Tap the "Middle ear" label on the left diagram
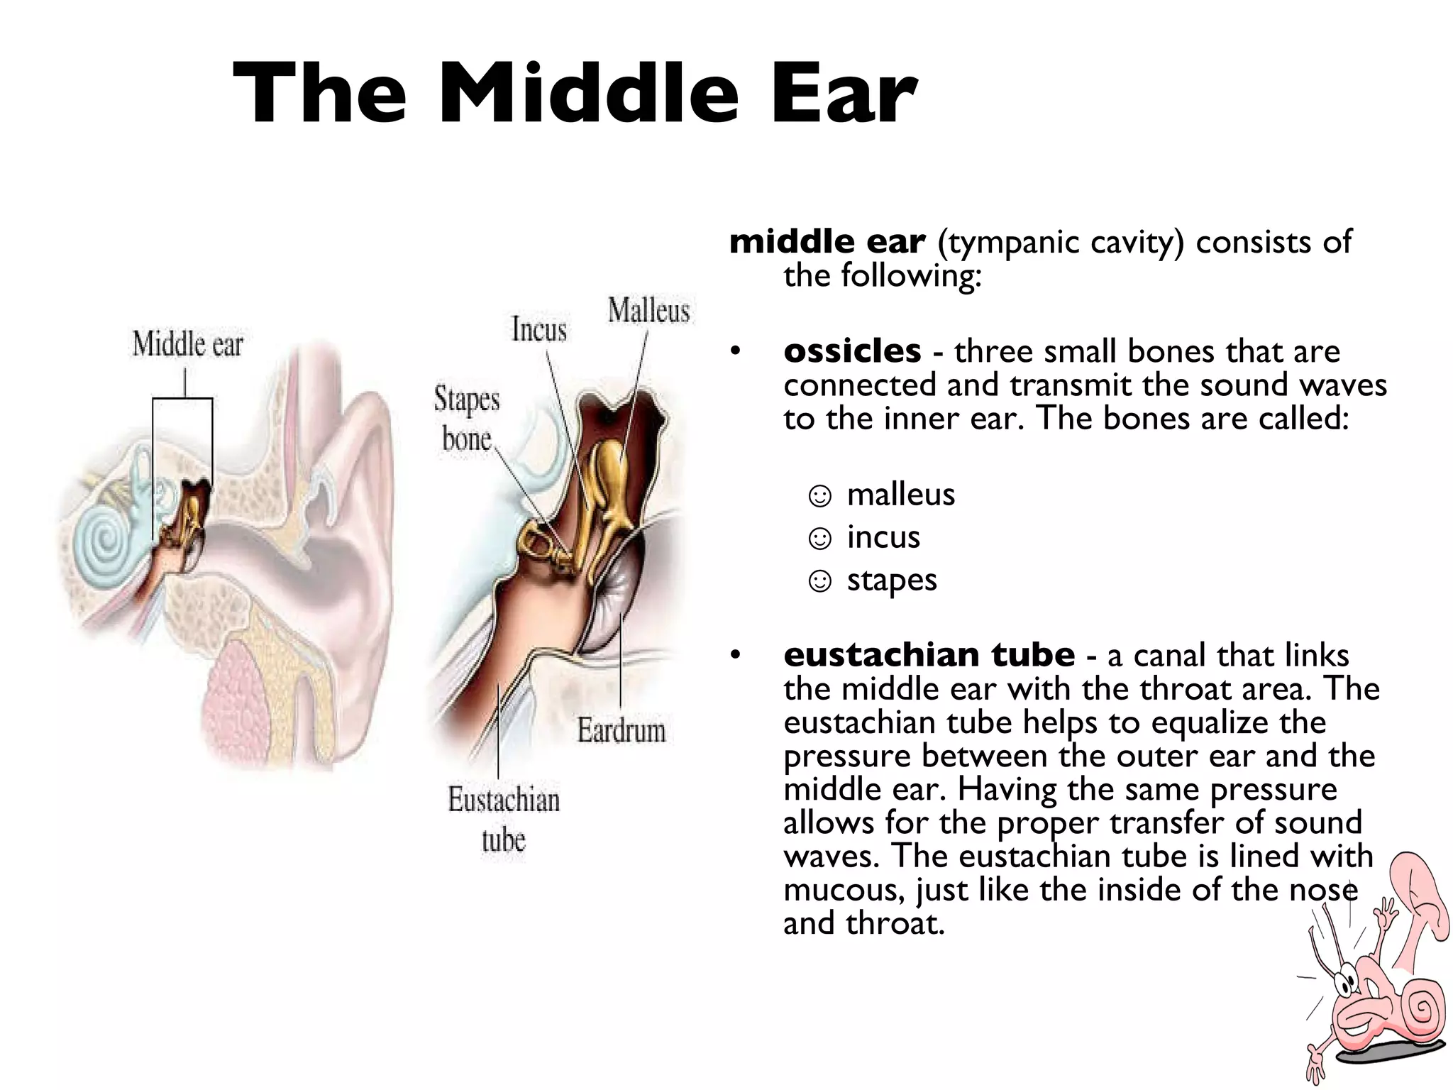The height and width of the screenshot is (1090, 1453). pyautogui.click(x=187, y=346)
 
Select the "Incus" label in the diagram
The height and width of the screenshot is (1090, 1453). pyautogui.click(x=539, y=330)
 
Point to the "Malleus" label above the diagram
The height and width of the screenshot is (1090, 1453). pyautogui.click(x=648, y=312)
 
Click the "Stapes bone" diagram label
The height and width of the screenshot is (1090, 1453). pyautogui.click(x=466, y=419)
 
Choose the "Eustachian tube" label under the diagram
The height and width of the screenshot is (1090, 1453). pyautogui.click(x=504, y=820)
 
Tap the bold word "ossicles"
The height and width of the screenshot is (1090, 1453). pyautogui.click(x=852, y=351)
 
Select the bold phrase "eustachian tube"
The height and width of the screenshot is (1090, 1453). pyautogui.click(x=929, y=655)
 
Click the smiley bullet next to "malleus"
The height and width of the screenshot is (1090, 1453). pyautogui.click(x=819, y=496)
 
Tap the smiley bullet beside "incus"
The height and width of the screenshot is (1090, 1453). pyautogui.click(x=819, y=539)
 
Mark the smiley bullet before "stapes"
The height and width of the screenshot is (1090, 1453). pyautogui.click(x=819, y=582)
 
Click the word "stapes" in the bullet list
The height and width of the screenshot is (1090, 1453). pyautogui.click(x=892, y=580)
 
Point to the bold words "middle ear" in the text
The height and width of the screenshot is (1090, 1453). pyautogui.click(x=827, y=242)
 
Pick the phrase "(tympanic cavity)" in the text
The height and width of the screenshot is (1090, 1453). pyautogui.click(x=1061, y=242)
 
